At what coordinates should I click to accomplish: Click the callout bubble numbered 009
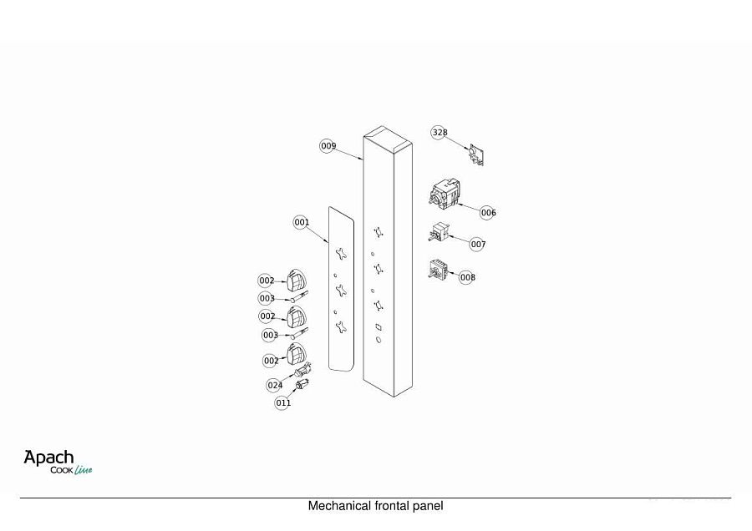pyautogui.click(x=328, y=146)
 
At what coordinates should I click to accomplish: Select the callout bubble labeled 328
pyautogui.click(x=440, y=132)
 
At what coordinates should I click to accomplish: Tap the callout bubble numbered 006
pyautogui.click(x=488, y=212)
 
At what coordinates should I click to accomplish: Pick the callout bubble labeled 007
pyautogui.click(x=478, y=245)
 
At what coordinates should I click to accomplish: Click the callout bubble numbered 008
pyautogui.click(x=467, y=277)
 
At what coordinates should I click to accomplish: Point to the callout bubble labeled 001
pyautogui.click(x=301, y=222)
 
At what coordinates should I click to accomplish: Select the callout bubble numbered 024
pyautogui.click(x=275, y=385)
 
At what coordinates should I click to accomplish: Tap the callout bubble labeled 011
pyautogui.click(x=283, y=402)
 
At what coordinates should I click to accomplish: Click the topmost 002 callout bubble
pyautogui.click(x=267, y=281)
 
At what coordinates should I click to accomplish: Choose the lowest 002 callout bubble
pyautogui.click(x=271, y=361)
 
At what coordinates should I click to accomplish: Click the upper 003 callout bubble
pyautogui.click(x=267, y=299)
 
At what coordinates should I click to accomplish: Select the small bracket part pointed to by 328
pyautogui.click(x=476, y=154)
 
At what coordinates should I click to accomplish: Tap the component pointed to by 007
pyautogui.click(x=439, y=232)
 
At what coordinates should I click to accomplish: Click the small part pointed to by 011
pyautogui.click(x=302, y=384)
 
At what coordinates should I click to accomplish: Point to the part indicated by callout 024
pyautogui.click(x=303, y=370)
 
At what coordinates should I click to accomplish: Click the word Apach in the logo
pyautogui.click(x=49, y=458)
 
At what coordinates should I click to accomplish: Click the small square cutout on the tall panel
pyautogui.click(x=379, y=327)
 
